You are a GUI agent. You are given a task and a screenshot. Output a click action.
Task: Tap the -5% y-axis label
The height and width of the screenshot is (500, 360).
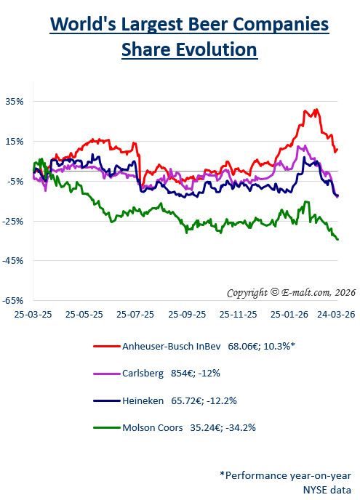15,181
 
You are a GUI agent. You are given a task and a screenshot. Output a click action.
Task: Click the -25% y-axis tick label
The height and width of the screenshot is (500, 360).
14,221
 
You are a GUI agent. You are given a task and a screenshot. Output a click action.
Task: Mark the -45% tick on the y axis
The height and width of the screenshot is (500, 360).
14,260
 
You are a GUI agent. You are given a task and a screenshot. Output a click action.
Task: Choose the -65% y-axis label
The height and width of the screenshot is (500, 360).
14,300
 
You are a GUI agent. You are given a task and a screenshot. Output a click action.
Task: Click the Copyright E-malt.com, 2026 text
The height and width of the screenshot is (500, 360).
281,292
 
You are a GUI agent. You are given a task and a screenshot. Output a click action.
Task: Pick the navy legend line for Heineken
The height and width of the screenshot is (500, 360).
106,399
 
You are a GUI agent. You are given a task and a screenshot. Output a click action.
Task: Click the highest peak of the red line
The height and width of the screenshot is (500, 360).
316,110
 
